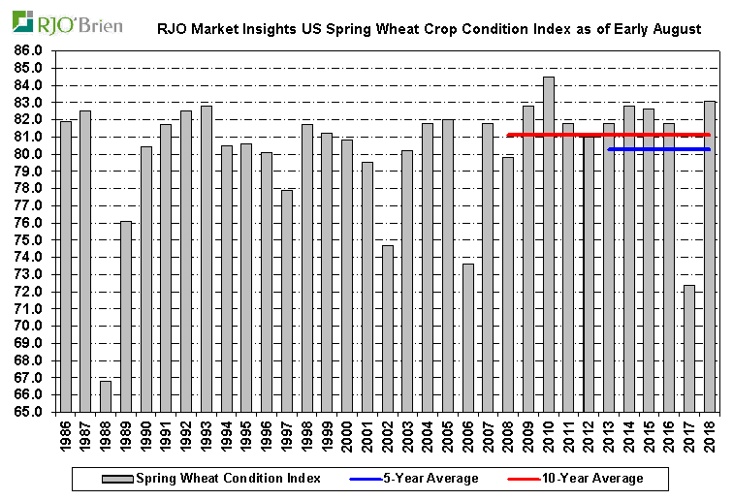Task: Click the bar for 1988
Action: coord(106,395)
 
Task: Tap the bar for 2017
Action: coord(689,348)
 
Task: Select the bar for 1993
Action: coord(207,258)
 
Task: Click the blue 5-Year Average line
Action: coord(659,149)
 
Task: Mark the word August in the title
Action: coord(678,30)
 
